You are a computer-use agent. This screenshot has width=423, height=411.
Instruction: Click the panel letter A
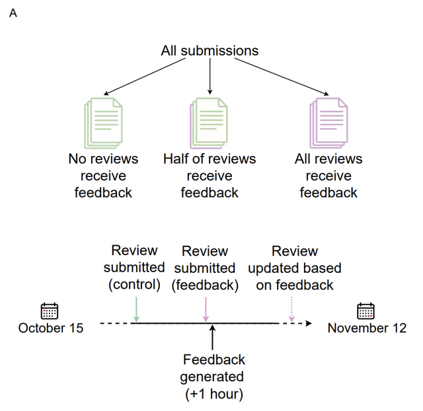click(x=13, y=13)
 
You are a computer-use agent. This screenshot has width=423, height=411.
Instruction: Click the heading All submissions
click(x=210, y=51)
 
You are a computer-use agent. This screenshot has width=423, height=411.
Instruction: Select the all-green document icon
click(x=103, y=123)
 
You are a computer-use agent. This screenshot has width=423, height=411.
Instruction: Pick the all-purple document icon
click(x=328, y=123)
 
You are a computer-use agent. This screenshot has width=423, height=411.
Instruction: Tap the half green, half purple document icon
click(x=209, y=123)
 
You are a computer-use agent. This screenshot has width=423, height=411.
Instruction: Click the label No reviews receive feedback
click(x=103, y=176)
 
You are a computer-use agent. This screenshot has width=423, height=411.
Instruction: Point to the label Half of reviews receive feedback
click(x=210, y=176)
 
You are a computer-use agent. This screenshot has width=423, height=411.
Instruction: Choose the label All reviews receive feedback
click(x=328, y=176)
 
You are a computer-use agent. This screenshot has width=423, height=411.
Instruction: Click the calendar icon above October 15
click(x=50, y=311)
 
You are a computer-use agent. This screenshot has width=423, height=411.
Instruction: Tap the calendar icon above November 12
click(x=365, y=311)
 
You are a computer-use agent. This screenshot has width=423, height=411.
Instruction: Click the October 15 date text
click(x=51, y=328)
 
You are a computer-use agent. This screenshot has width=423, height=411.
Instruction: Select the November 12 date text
click(x=367, y=328)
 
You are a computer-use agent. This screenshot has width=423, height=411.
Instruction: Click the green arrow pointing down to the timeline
click(x=136, y=309)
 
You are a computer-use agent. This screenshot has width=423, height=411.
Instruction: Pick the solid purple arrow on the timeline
click(x=206, y=309)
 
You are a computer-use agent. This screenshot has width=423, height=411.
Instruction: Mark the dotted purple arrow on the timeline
click(x=291, y=309)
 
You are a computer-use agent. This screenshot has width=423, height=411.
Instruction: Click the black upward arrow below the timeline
click(x=213, y=338)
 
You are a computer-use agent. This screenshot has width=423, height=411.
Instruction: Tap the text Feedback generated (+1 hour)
click(x=213, y=377)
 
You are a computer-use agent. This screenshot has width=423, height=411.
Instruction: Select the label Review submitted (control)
click(x=134, y=268)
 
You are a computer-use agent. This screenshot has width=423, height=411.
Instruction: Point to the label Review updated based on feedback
click(x=295, y=268)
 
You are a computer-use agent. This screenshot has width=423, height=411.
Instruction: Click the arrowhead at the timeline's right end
click(x=309, y=323)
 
